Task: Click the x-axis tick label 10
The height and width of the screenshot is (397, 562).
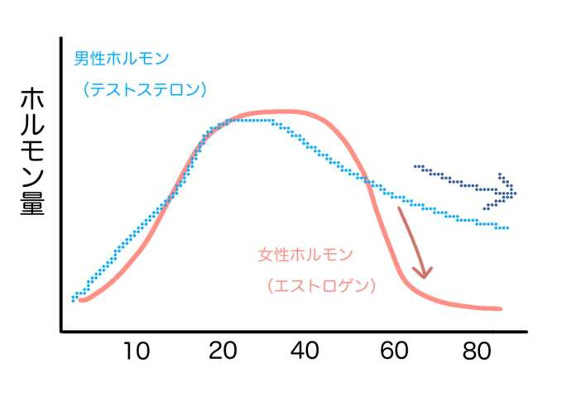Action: (137, 351)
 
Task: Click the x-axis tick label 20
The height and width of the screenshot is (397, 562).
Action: (223, 351)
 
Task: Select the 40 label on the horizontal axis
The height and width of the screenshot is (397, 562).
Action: (306, 351)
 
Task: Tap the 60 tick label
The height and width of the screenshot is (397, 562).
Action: (394, 351)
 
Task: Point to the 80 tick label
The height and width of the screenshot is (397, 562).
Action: (478, 351)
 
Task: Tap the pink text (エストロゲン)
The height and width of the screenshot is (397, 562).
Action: (322, 286)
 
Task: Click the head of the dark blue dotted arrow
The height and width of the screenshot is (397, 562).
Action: (512, 193)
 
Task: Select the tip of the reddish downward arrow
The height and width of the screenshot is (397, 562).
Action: (424, 277)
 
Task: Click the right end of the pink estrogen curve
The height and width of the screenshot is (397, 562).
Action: (499, 309)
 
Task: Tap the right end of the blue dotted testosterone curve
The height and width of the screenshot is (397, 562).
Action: (507, 227)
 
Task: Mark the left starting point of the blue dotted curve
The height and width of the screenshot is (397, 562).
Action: (74, 299)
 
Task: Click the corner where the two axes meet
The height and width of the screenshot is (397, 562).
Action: (61, 332)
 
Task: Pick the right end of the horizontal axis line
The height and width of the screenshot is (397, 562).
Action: (527, 332)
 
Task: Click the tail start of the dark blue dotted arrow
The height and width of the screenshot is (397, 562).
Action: (415, 167)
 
